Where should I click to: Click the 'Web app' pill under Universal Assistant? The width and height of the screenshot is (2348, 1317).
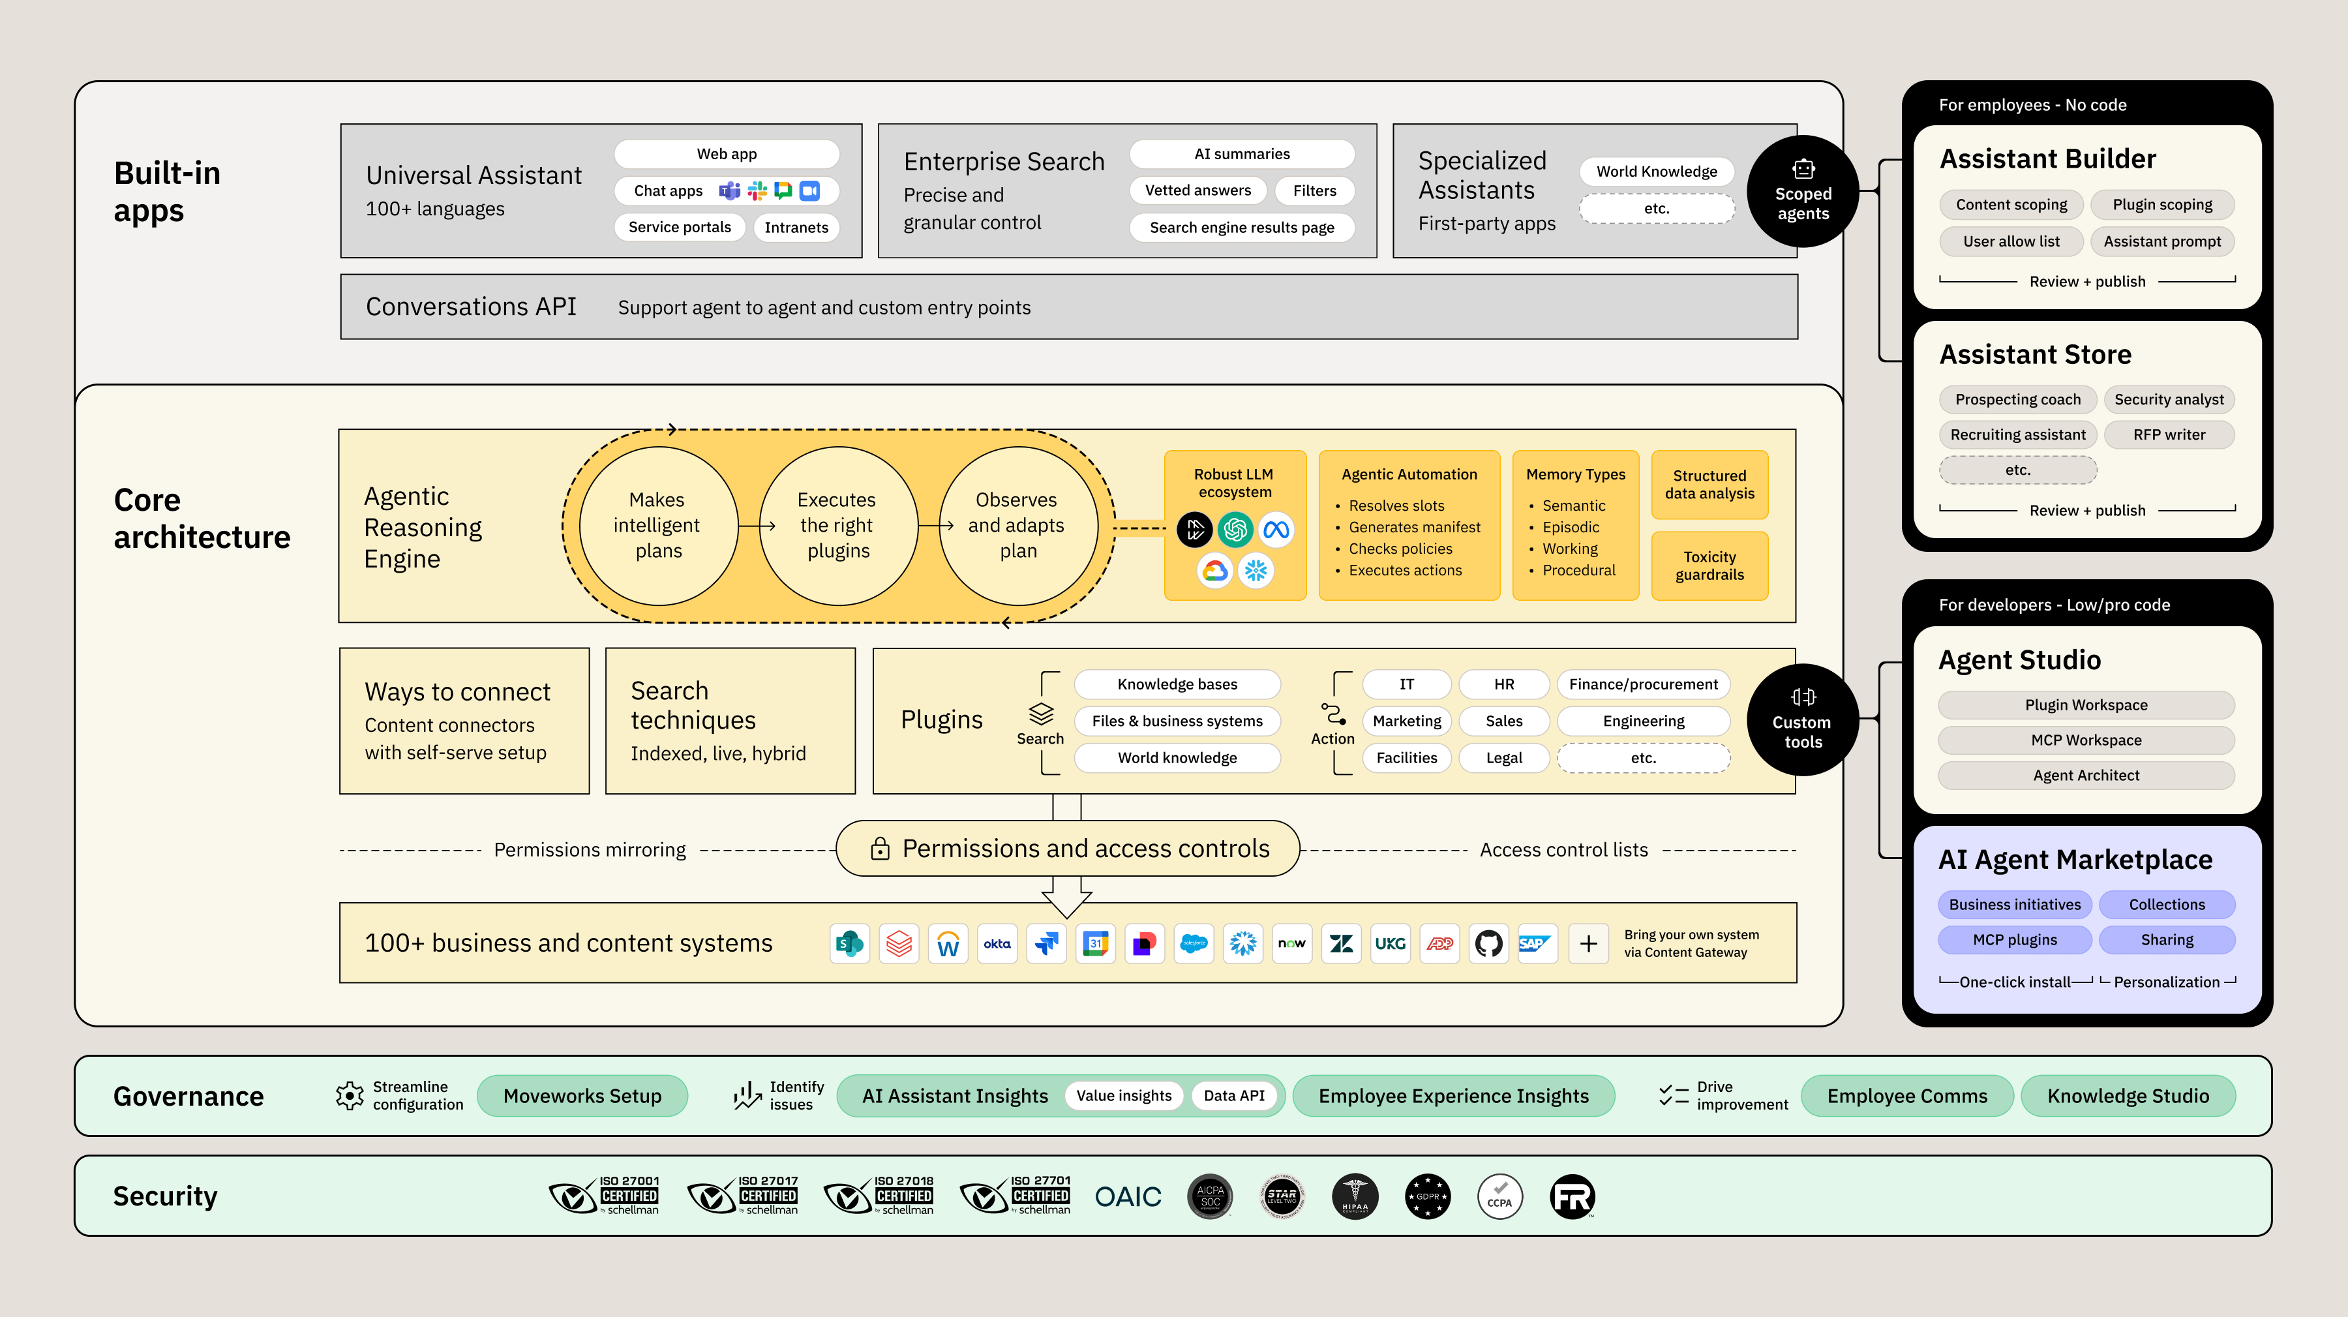point(727,154)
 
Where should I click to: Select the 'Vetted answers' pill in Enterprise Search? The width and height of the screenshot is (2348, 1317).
point(1197,190)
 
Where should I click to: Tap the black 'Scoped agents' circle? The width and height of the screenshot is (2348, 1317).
point(1802,192)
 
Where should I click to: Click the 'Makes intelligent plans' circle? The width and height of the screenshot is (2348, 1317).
point(657,526)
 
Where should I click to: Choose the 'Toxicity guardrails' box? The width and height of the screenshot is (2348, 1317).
point(1709,566)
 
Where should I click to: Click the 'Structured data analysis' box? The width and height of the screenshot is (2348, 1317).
point(1709,485)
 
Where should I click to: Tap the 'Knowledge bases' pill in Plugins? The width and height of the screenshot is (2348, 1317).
point(1177,684)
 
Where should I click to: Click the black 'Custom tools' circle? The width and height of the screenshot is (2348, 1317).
point(1802,720)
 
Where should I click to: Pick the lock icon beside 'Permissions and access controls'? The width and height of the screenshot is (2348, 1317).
point(880,849)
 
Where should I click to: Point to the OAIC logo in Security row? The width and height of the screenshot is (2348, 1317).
point(1128,1197)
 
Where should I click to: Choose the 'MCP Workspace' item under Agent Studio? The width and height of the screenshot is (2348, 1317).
point(2086,740)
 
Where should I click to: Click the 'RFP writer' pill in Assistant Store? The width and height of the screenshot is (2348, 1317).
point(2169,434)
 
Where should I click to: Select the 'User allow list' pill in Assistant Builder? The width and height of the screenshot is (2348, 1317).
point(2011,241)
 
